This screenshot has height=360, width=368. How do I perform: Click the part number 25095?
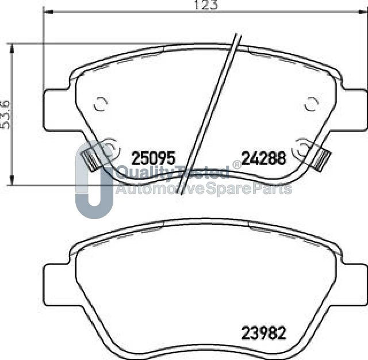coord(154,158)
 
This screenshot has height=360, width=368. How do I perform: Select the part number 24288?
coord(264,158)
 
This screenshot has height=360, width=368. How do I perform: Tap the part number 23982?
coord(264,333)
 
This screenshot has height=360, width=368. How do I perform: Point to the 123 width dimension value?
coord(206,5)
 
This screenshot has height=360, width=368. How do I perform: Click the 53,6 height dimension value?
coord(5,115)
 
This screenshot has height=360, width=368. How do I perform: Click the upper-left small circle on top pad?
coord(101,104)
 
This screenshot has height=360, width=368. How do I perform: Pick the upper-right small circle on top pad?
coord(311,104)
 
